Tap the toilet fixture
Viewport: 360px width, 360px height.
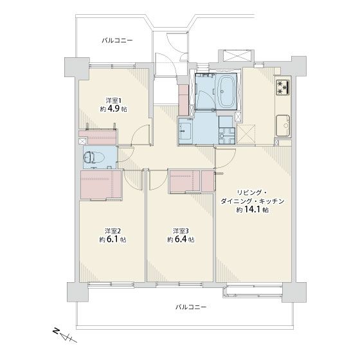94,157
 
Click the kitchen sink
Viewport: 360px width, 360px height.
283,125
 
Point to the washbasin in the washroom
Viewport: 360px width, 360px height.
186,131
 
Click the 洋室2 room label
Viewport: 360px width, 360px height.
113,231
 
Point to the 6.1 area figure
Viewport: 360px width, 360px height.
112,239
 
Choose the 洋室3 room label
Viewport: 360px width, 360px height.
181,231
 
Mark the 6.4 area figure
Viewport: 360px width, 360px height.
180,239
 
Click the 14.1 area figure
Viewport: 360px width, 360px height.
252,210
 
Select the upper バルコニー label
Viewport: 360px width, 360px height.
117,40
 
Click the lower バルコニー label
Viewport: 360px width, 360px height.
191,307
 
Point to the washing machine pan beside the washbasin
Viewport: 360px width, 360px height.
227,136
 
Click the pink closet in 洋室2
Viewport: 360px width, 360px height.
101,184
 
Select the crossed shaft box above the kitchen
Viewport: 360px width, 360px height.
235,55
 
